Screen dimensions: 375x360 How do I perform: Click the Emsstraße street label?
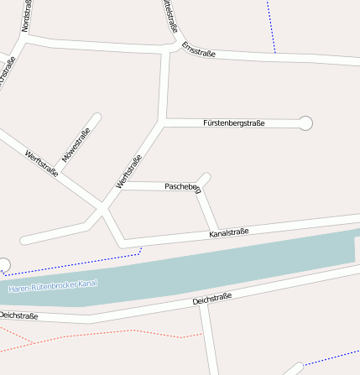click(x=199, y=50)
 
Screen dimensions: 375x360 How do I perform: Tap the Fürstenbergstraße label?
click(x=233, y=122)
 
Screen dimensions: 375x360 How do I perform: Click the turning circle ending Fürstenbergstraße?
click(x=305, y=123)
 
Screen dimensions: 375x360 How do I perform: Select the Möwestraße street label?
click(x=76, y=145)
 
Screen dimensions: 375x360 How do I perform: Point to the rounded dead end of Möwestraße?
click(x=97, y=117)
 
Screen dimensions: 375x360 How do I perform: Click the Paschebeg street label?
click(x=183, y=187)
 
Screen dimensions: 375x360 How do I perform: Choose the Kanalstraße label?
click(x=228, y=232)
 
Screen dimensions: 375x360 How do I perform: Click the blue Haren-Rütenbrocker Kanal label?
click(x=53, y=286)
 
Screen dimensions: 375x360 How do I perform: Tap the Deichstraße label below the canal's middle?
click(x=211, y=299)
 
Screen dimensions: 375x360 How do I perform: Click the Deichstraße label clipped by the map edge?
click(x=18, y=315)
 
